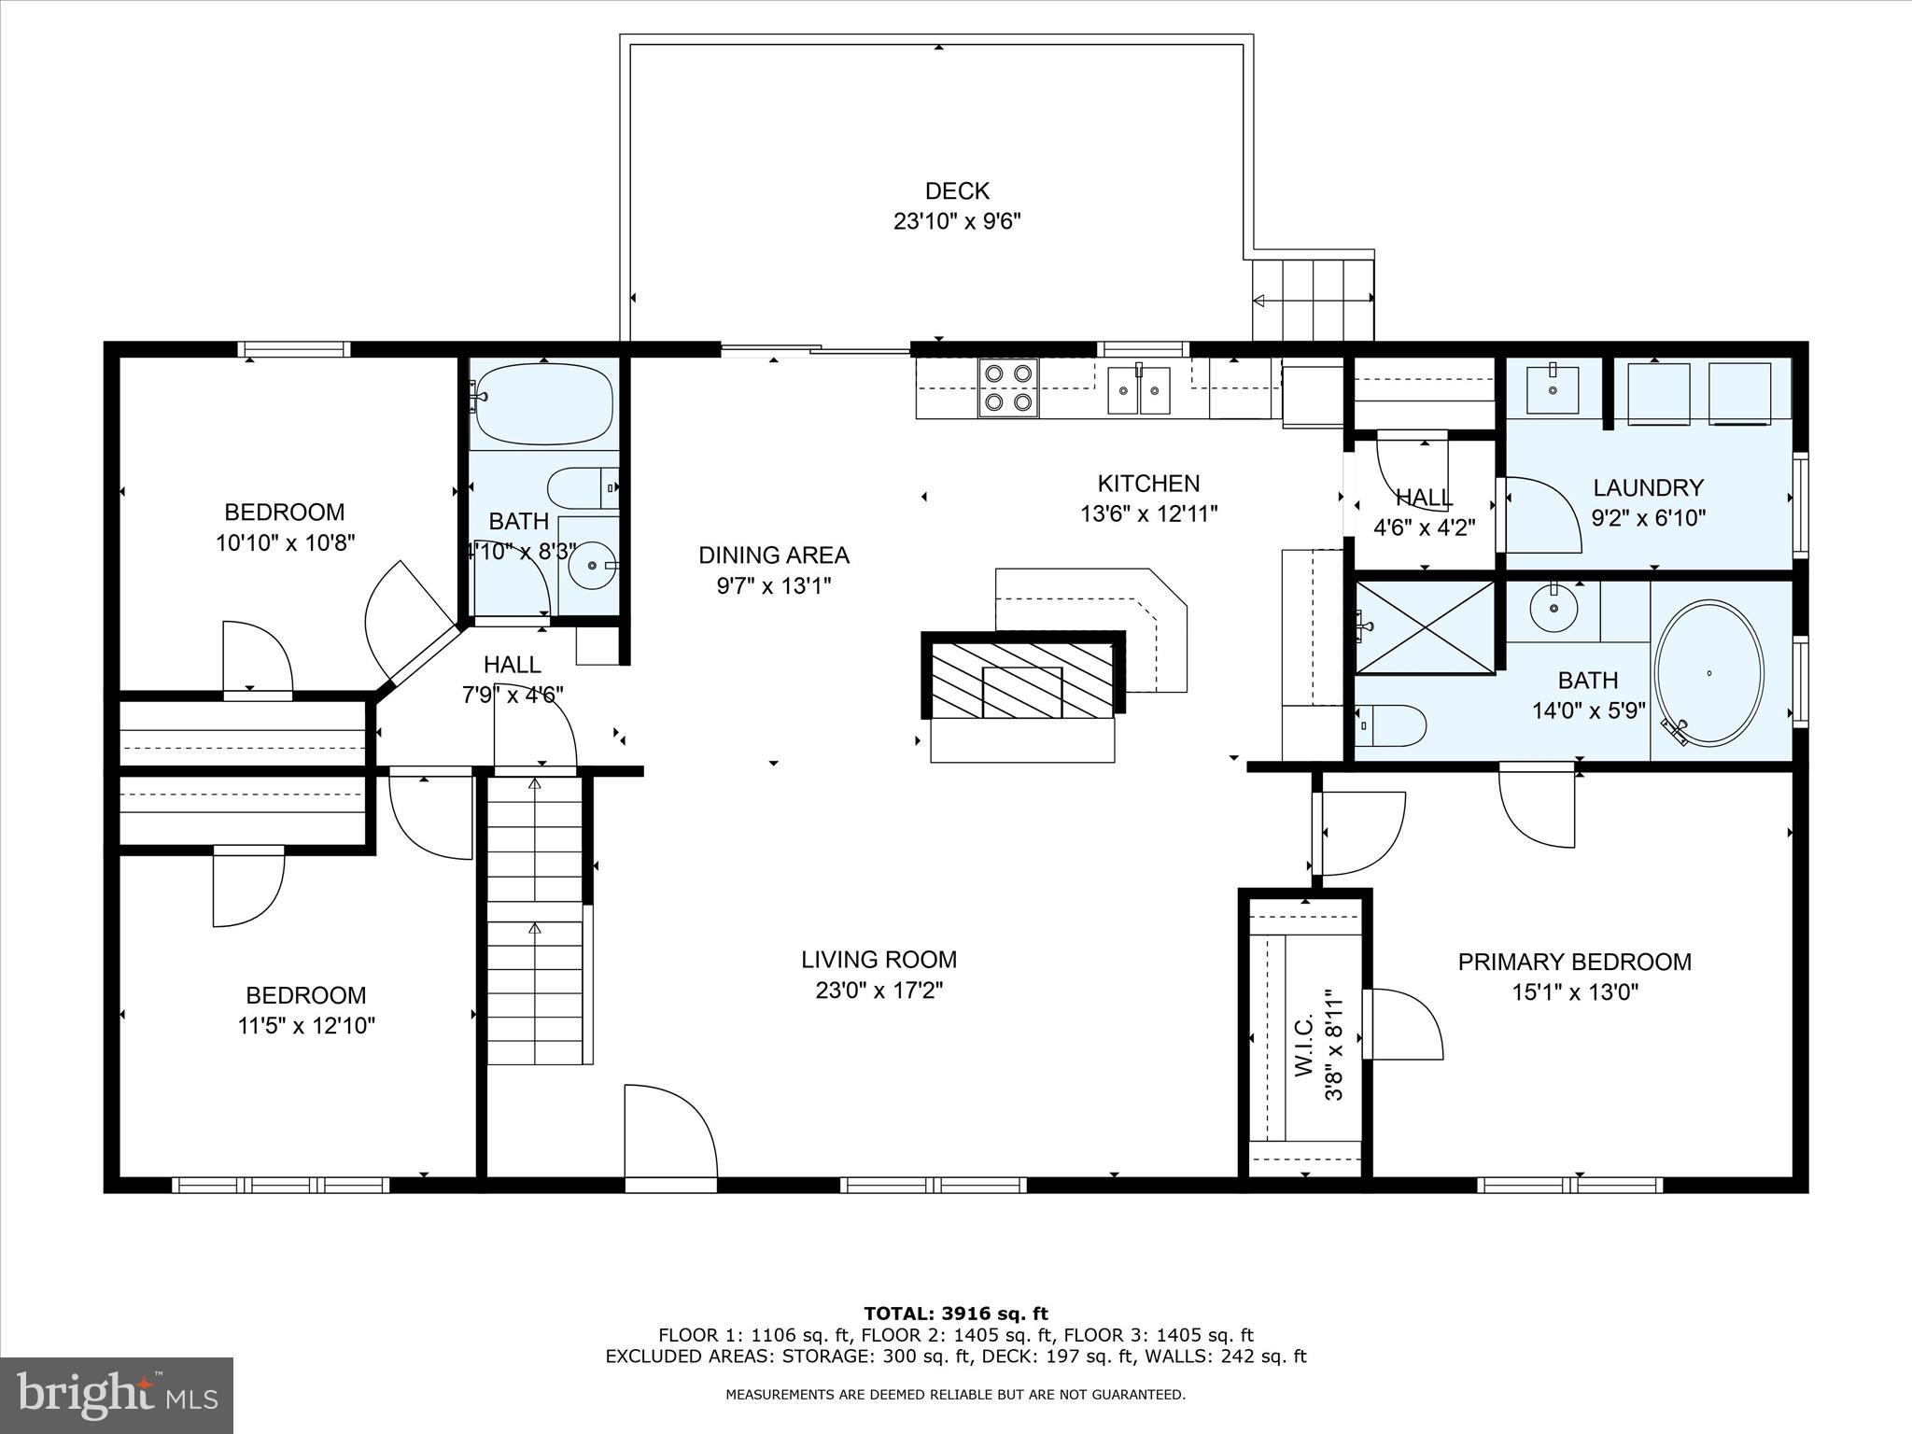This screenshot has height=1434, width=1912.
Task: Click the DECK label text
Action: tap(956, 191)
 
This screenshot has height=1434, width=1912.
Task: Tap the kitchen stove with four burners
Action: tap(1008, 387)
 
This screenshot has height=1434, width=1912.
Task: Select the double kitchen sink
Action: tap(1139, 390)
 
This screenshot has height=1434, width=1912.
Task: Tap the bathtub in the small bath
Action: tap(543, 404)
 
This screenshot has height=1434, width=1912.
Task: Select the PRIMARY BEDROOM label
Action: tap(1574, 962)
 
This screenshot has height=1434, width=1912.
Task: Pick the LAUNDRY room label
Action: tap(1648, 487)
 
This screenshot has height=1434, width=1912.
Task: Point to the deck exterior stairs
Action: tap(1312, 301)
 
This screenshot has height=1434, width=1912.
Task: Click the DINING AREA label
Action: tap(773, 555)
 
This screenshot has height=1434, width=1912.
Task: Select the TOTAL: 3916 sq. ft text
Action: tap(955, 1314)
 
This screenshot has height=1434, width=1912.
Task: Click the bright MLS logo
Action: tap(117, 1396)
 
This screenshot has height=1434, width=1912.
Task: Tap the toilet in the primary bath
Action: tap(1391, 725)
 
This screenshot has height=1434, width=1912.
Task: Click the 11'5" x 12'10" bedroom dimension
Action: tap(306, 1026)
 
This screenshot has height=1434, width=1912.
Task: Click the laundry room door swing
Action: tap(1536, 513)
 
